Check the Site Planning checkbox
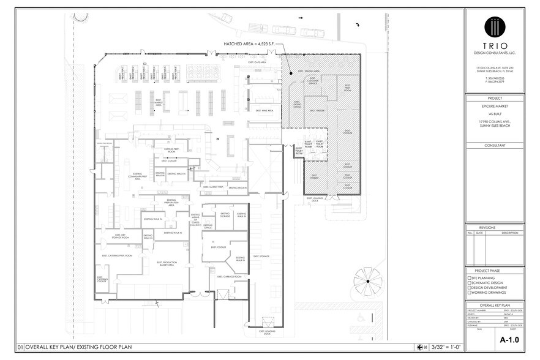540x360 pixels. [470, 277]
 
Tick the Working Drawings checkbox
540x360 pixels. [470, 293]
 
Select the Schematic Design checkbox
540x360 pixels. [470, 282]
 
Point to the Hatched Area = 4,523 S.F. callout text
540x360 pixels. [248, 45]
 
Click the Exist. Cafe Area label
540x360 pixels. [255, 62]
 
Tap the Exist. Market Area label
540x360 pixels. [157, 105]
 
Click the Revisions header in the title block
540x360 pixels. [495, 227]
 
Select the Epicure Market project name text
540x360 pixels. [495, 107]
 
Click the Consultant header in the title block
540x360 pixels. [495, 145]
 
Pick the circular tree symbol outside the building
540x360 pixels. [367, 281]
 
